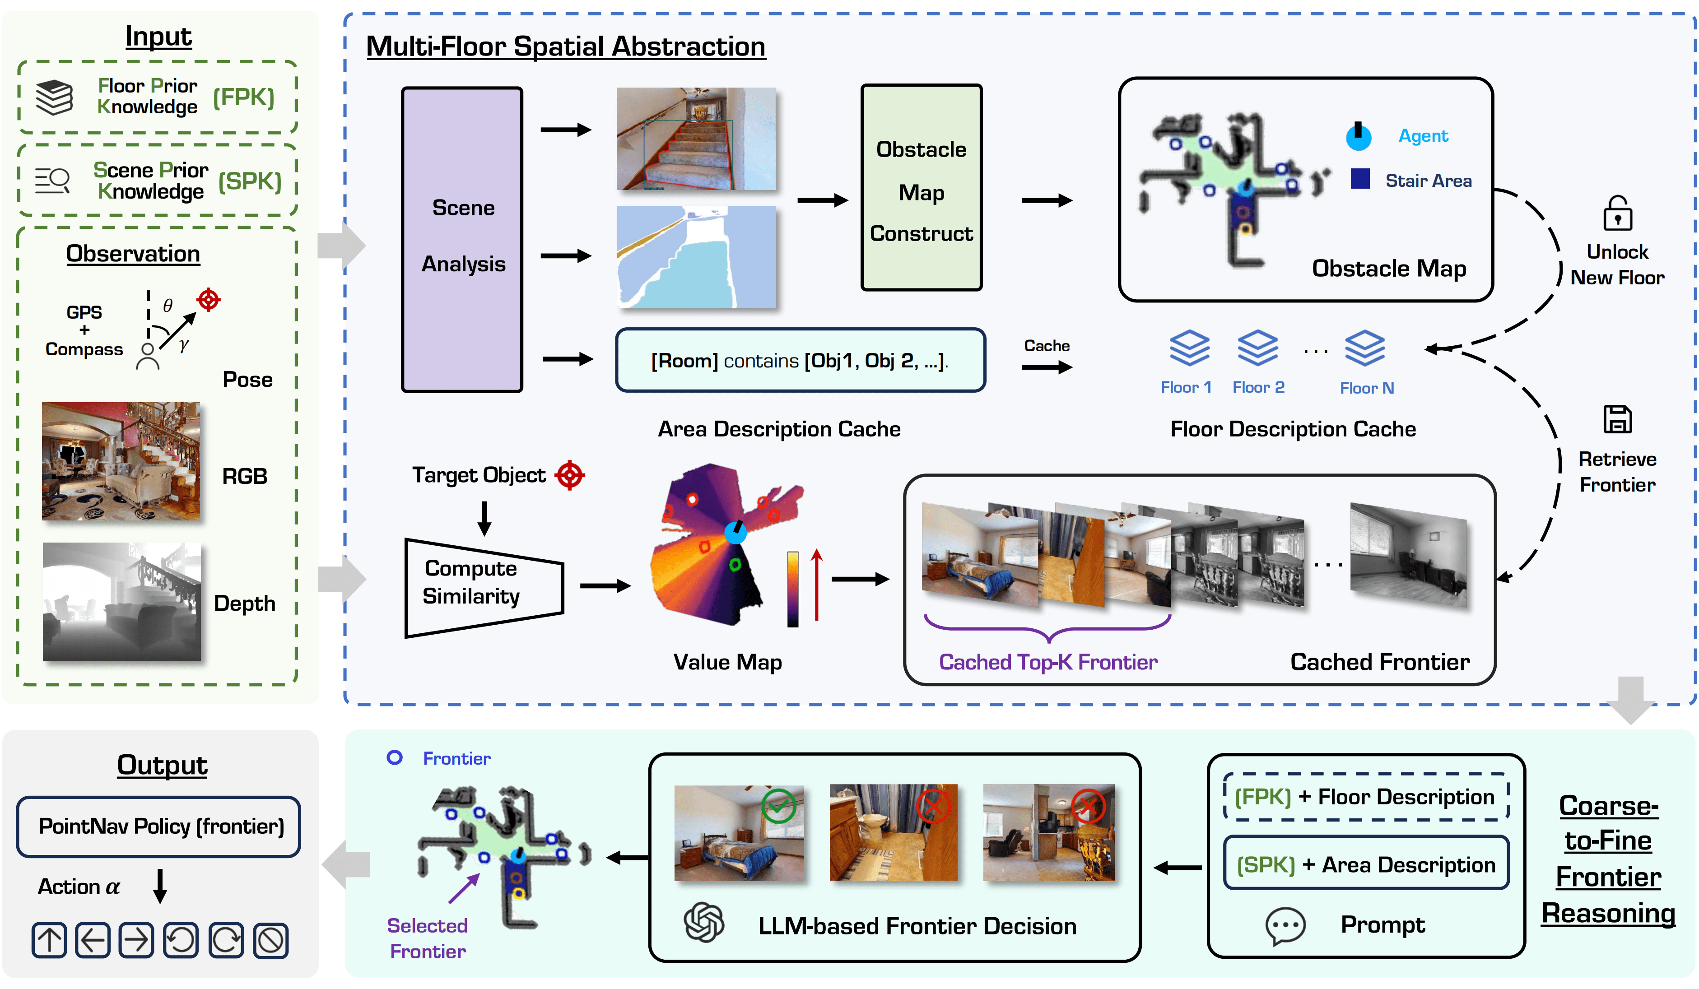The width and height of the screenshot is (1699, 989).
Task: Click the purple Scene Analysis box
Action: pyautogui.click(x=462, y=239)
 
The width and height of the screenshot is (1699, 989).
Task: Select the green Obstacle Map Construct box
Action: pyautogui.click(x=921, y=187)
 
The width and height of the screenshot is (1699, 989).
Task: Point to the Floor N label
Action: pyautogui.click(x=1367, y=388)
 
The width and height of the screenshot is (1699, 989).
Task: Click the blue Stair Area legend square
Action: pyautogui.click(x=1360, y=179)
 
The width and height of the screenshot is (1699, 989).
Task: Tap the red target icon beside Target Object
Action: pyautogui.click(x=570, y=475)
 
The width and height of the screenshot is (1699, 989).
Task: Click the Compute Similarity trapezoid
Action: pyautogui.click(x=484, y=587)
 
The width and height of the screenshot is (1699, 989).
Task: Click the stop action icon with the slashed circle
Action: pyautogui.click(x=271, y=940)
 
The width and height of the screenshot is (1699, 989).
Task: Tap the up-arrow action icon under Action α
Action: pyautogui.click(x=49, y=940)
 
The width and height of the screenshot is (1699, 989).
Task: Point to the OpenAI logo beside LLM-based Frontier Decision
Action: pyautogui.click(x=704, y=922)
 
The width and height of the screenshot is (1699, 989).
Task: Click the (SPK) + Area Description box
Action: pyautogui.click(x=1366, y=863)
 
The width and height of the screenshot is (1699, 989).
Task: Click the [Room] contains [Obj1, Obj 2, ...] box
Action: pyautogui.click(x=800, y=360)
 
